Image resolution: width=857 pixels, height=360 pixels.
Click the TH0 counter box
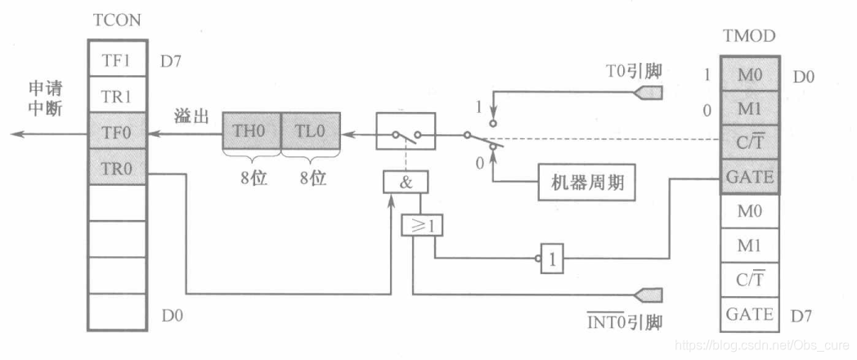[x=252, y=131]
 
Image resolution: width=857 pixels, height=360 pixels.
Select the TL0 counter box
[x=310, y=131]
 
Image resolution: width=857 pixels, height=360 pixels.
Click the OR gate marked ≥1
[x=421, y=223]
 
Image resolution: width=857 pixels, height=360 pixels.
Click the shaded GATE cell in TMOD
[x=749, y=176]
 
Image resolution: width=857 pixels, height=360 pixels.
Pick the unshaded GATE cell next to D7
[x=749, y=313]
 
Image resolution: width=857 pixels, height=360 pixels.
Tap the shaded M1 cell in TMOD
[x=749, y=107]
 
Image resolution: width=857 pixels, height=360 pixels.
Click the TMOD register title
[x=749, y=36]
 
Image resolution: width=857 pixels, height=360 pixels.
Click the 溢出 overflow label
[x=189, y=115]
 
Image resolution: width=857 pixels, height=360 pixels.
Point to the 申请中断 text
[x=47, y=97]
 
